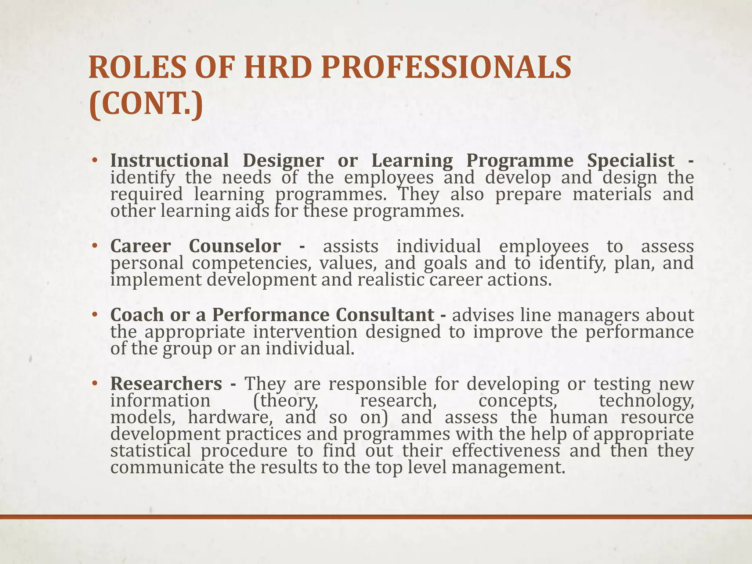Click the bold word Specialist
click(x=630, y=160)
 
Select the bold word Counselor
click(x=235, y=246)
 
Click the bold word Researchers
click(x=166, y=384)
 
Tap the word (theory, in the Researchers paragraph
click(x=286, y=400)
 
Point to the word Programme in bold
click(x=520, y=160)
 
